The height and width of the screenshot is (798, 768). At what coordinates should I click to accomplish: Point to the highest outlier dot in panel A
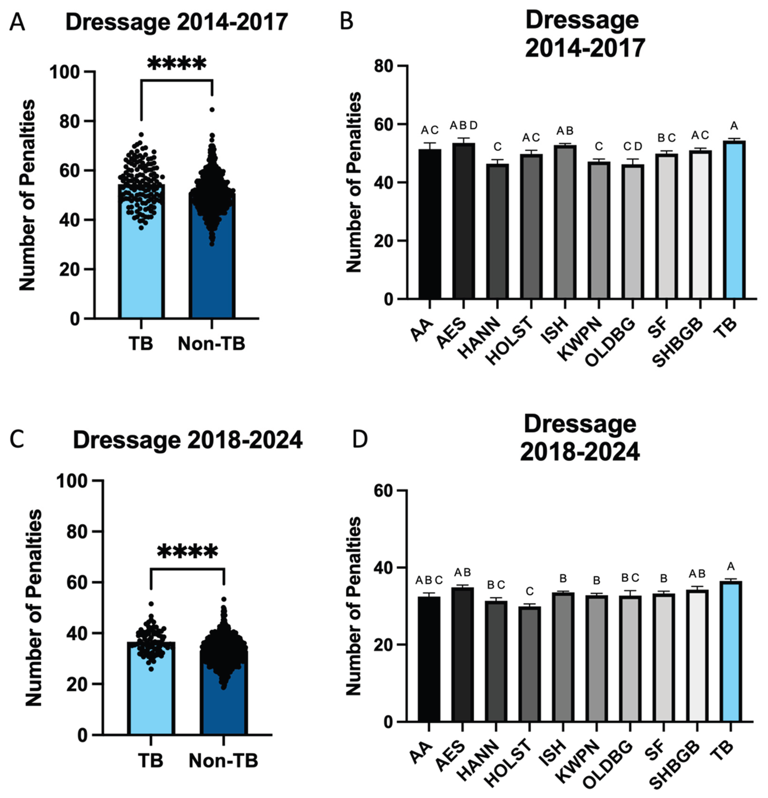point(212,109)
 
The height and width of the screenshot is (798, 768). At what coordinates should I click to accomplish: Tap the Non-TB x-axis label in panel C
point(223,760)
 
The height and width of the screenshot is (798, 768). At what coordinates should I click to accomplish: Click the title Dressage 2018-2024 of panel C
point(187,441)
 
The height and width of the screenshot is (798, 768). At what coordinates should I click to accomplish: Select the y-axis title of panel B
point(353,182)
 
